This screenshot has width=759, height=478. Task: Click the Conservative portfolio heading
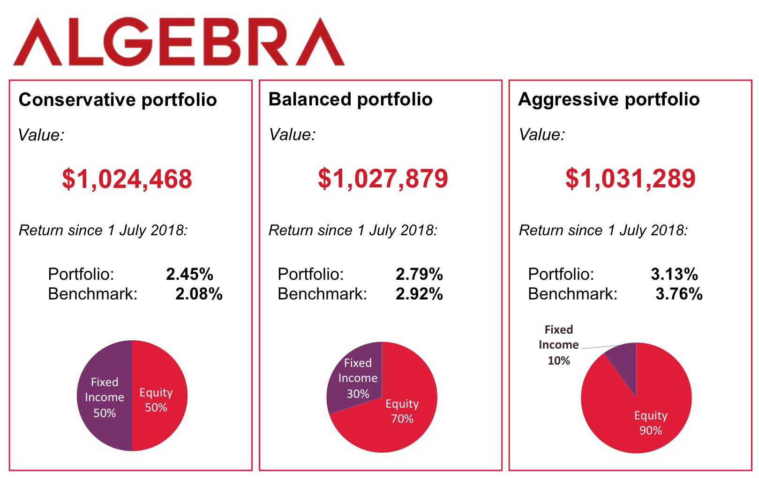tap(118, 100)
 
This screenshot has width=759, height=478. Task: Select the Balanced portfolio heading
tap(350, 99)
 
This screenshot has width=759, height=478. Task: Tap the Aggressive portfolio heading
tap(609, 99)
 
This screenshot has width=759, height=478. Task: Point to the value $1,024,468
tap(127, 179)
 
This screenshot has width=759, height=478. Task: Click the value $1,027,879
tap(383, 179)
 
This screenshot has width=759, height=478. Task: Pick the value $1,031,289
tap(630, 179)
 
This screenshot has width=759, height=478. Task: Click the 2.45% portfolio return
tap(189, 274)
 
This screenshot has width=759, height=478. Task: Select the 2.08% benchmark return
tap(199, 294)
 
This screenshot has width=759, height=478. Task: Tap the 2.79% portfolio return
tap(419, 274)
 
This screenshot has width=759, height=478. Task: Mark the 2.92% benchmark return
tap(419, 294)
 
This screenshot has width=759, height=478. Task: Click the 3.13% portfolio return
tap(674, 274)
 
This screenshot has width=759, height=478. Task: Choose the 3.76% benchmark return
tap(679, 294)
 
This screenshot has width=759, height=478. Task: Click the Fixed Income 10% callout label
tap(558, 345)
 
